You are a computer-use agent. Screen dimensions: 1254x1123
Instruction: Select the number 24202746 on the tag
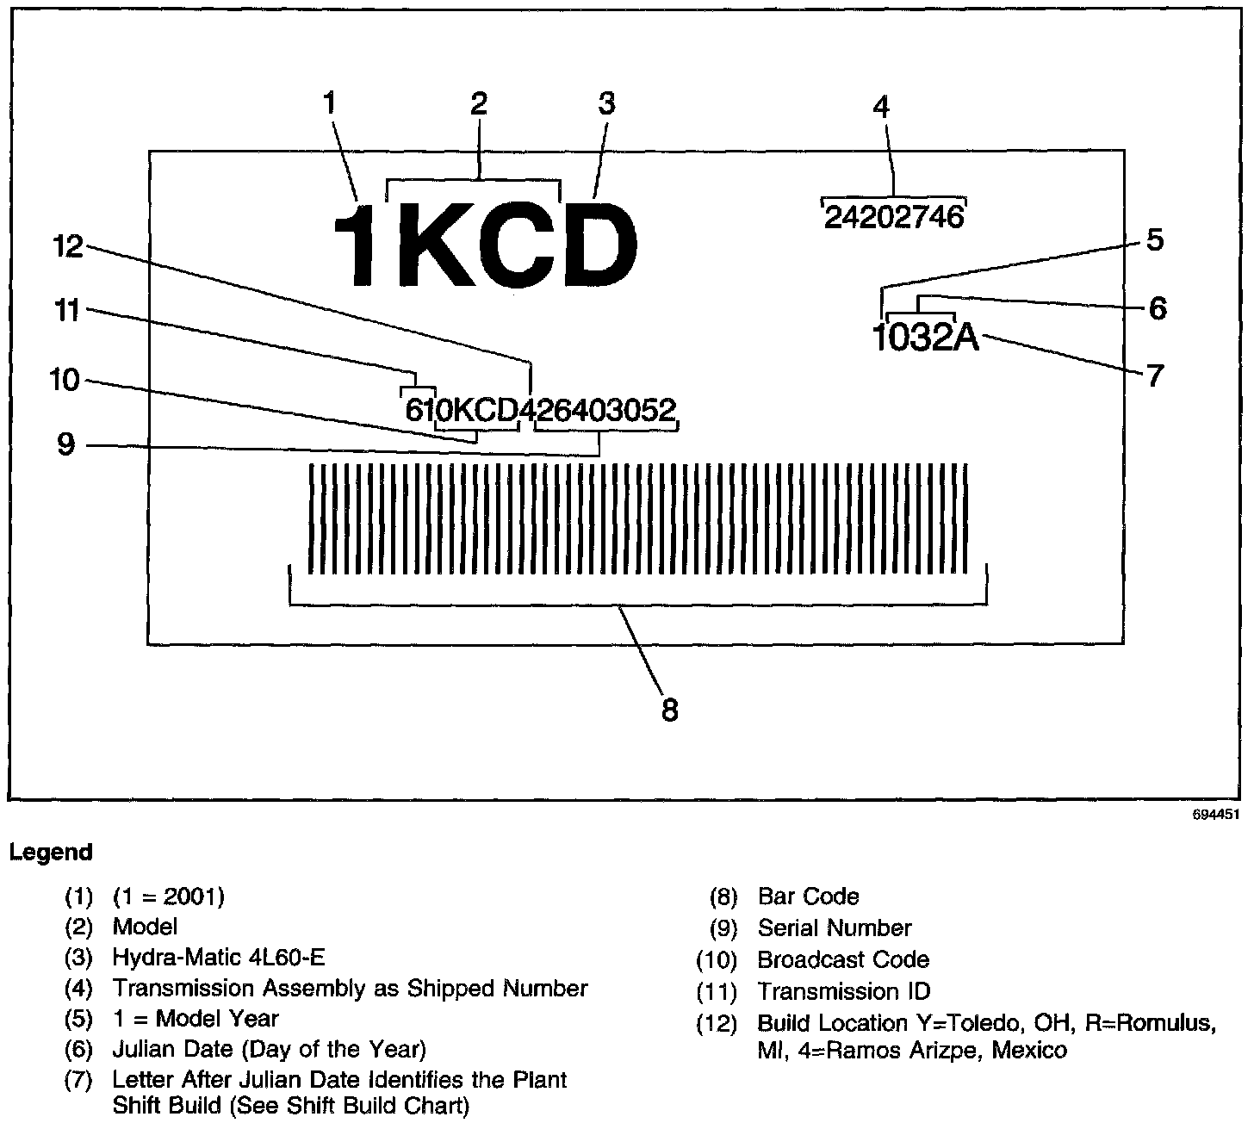[x=893, y=217]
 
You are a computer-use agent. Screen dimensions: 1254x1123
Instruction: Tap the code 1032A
[x=925, y=338]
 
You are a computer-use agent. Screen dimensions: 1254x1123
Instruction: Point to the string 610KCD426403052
[x=540, y=411]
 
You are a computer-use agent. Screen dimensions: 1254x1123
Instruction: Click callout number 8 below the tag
[x=669, y=710]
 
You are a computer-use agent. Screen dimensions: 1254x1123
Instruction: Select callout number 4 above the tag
[x=880, y=107]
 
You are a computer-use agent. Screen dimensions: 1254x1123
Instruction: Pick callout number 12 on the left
[x=68, y=247]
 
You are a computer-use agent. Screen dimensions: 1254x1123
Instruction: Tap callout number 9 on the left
[x=65, y=445]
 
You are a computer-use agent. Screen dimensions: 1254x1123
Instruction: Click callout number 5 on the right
[x=1154, y=239]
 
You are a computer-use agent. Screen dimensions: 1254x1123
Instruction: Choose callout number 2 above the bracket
[x=479, y=103]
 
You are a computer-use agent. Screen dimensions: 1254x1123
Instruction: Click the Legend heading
[x=50, y=853]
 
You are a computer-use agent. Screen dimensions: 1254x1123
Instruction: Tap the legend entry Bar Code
[x=808, y=897]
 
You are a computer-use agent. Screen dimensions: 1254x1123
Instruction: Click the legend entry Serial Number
[x=834, y=928]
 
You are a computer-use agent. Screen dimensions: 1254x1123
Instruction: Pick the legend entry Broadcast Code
[x=843, y=959]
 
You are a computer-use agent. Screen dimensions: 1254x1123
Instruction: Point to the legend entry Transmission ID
[x=843, y=991]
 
